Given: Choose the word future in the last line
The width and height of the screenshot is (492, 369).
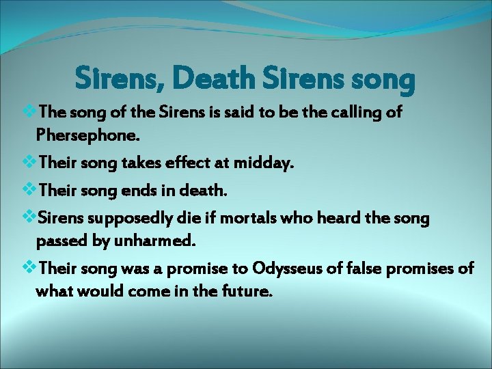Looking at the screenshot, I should coord(247,291).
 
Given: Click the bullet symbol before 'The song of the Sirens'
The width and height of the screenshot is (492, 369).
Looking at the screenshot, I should coord(30,111).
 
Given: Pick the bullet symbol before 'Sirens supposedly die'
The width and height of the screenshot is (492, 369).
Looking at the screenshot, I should coord(30,218).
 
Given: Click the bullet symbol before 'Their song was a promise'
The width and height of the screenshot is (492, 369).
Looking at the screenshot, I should coord(30,268).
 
